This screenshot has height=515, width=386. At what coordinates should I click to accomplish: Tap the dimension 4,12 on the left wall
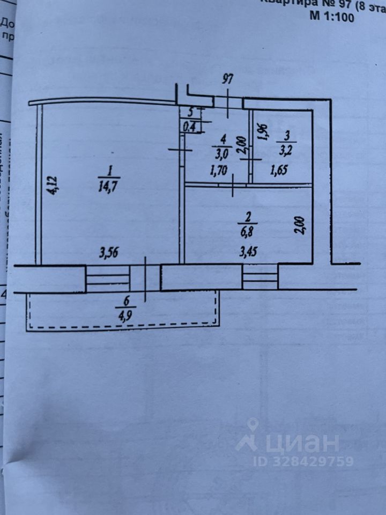(53, 186)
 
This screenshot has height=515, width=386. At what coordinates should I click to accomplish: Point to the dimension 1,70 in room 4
(220, 172)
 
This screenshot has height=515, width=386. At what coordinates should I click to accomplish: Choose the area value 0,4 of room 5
(189, 127)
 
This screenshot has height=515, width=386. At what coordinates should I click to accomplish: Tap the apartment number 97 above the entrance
(228, 80)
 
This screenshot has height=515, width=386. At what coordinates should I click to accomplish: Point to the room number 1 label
(109, 172)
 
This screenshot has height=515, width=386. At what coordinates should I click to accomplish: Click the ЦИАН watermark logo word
(306, 443)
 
